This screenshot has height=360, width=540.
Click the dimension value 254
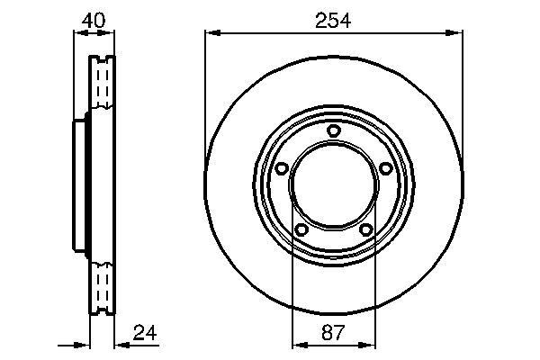pyautogui.click(x=333, y=20)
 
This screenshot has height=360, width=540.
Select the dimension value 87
pyautogui.click(x=333, y=332)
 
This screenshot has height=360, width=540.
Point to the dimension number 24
pyautogui.click(x=144, y=332)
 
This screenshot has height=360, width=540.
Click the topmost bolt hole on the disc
pyautogui.click(x=334, y=131)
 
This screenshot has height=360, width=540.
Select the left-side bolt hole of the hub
pyautogui.click(x=281, y=168)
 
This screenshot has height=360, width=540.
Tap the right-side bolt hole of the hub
pyautogui.click(x=386, y=168)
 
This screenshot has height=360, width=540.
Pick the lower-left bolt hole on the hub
pyautogui.click(x=301, y=230)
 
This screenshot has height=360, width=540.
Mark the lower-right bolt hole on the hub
pyautogui.click(x=366, y=230)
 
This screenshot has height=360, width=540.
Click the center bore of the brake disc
pyautogui.click(x=333, y=184)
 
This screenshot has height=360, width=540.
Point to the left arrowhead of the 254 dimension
pyautogui.click(x=211, y=34)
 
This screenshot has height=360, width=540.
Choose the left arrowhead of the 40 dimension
pyautogui.click(x=77, y=34)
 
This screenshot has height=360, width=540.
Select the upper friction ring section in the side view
pyautogui.click(x=102, y=85)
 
